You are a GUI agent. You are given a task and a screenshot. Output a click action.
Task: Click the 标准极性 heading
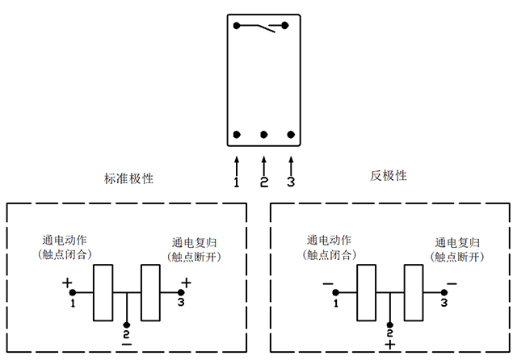tap(128, 178)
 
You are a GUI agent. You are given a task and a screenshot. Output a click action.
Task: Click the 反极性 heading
tap(389, 175)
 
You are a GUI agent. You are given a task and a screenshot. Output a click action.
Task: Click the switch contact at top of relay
tap(263, 28)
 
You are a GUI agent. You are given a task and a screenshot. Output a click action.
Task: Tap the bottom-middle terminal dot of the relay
tap(263, 134)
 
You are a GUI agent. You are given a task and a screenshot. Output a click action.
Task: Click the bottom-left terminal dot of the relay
tap(237, 134)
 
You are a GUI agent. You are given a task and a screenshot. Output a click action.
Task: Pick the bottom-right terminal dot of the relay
tap(290, 134)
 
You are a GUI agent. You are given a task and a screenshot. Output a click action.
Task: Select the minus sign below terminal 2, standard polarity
tap(126, 344)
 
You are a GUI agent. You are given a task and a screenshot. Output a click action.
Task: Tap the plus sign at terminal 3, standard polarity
tap(187, 283)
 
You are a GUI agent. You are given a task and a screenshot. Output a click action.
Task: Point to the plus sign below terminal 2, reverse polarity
tap(390, 345)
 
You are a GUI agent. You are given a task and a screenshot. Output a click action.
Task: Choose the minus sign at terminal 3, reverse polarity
tap(451, 283)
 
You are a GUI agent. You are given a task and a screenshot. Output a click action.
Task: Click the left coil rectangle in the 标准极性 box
tap(103, 292)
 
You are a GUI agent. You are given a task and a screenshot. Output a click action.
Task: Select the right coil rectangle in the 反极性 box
tap(414, 292)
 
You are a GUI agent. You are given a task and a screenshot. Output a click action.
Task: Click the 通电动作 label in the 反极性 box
tap(329, 240)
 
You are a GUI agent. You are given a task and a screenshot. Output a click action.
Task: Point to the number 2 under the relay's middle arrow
tap(263, 182)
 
